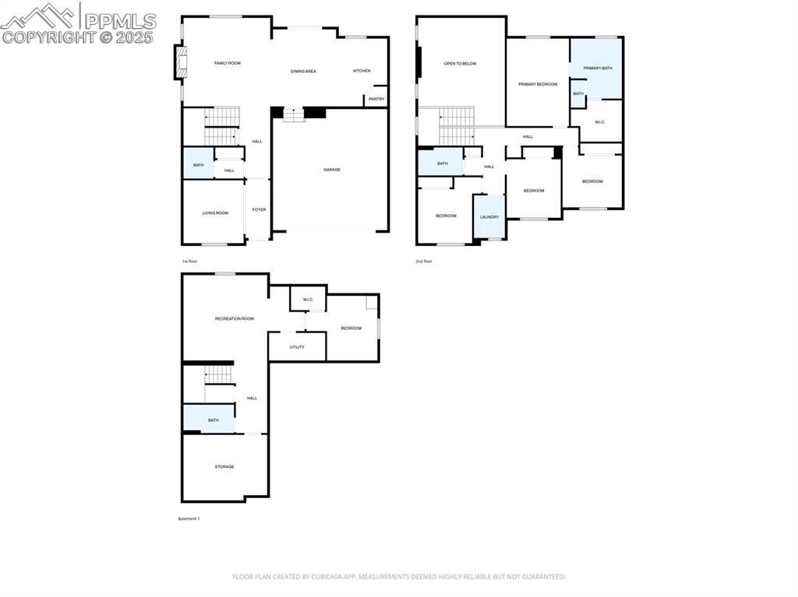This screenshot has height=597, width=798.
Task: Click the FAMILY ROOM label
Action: (228, 63)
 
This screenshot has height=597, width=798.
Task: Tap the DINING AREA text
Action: (303, 72)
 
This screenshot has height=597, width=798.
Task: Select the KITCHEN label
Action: (362, 71)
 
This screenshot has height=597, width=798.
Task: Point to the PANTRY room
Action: (376, 99)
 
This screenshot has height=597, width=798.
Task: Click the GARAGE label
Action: (332, 170)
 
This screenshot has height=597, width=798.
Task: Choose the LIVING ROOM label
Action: (215, 212)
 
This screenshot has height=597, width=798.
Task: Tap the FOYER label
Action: (259, 209)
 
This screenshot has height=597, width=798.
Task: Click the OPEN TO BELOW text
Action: (460, 64)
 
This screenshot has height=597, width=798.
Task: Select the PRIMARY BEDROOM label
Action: (538, 84)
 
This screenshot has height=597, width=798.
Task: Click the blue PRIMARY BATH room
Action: (598, 68)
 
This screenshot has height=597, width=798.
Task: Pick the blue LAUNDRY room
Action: (489, 217)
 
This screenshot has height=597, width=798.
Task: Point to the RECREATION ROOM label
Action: (235, 318)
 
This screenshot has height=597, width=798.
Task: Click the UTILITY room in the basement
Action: (297, 347)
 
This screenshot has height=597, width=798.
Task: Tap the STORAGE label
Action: (224, 467)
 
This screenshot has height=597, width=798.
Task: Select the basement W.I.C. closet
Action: (308, 299)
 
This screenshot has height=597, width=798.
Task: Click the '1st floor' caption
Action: (189, 262)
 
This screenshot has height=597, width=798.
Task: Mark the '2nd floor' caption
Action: (423, 262)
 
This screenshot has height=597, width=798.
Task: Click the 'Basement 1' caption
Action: (189, 518)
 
